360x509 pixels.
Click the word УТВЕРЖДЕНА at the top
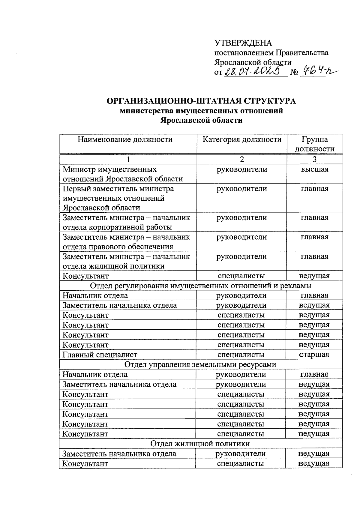pos(243,43)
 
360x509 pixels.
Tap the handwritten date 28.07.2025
pos(254,71)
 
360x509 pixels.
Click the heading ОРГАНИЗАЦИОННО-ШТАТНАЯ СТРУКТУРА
pos(201,101)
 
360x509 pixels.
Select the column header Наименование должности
pos(125,139)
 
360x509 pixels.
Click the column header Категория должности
pos(242,139)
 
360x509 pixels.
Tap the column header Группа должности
pos(314,144)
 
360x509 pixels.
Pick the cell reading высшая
pos(314,169)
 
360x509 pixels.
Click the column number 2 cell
pos(242,159)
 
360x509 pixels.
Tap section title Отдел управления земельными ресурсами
pos(200,364)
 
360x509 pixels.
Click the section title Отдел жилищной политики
pos(200,443)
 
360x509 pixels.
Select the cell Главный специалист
pos(100,355)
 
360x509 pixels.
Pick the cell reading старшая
pos(314,355)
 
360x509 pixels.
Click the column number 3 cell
pos(314,159)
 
